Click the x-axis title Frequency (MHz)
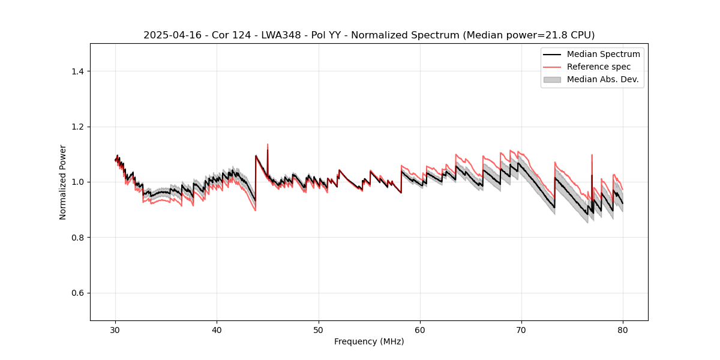[369, 341]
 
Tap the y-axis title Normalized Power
[63, 182]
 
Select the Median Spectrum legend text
[603, 54]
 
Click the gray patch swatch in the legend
[552, 79]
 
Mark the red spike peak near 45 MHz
[268, 145]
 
